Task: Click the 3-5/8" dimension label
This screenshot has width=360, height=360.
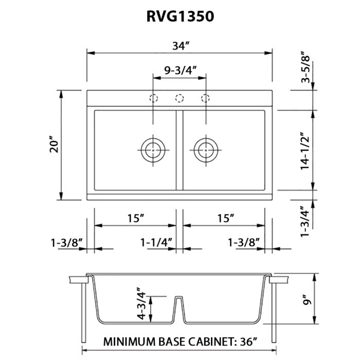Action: pos(308,67)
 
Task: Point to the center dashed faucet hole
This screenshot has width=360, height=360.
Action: pos(179,98)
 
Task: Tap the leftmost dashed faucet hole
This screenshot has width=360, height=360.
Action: pos(153,98)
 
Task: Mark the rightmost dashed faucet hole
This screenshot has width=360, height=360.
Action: pos(206,98)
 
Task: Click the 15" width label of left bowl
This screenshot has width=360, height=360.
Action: pos(135,218)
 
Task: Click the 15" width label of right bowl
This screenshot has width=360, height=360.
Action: pos(225,218)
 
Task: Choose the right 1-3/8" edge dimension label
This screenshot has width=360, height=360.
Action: pos(243,242)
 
